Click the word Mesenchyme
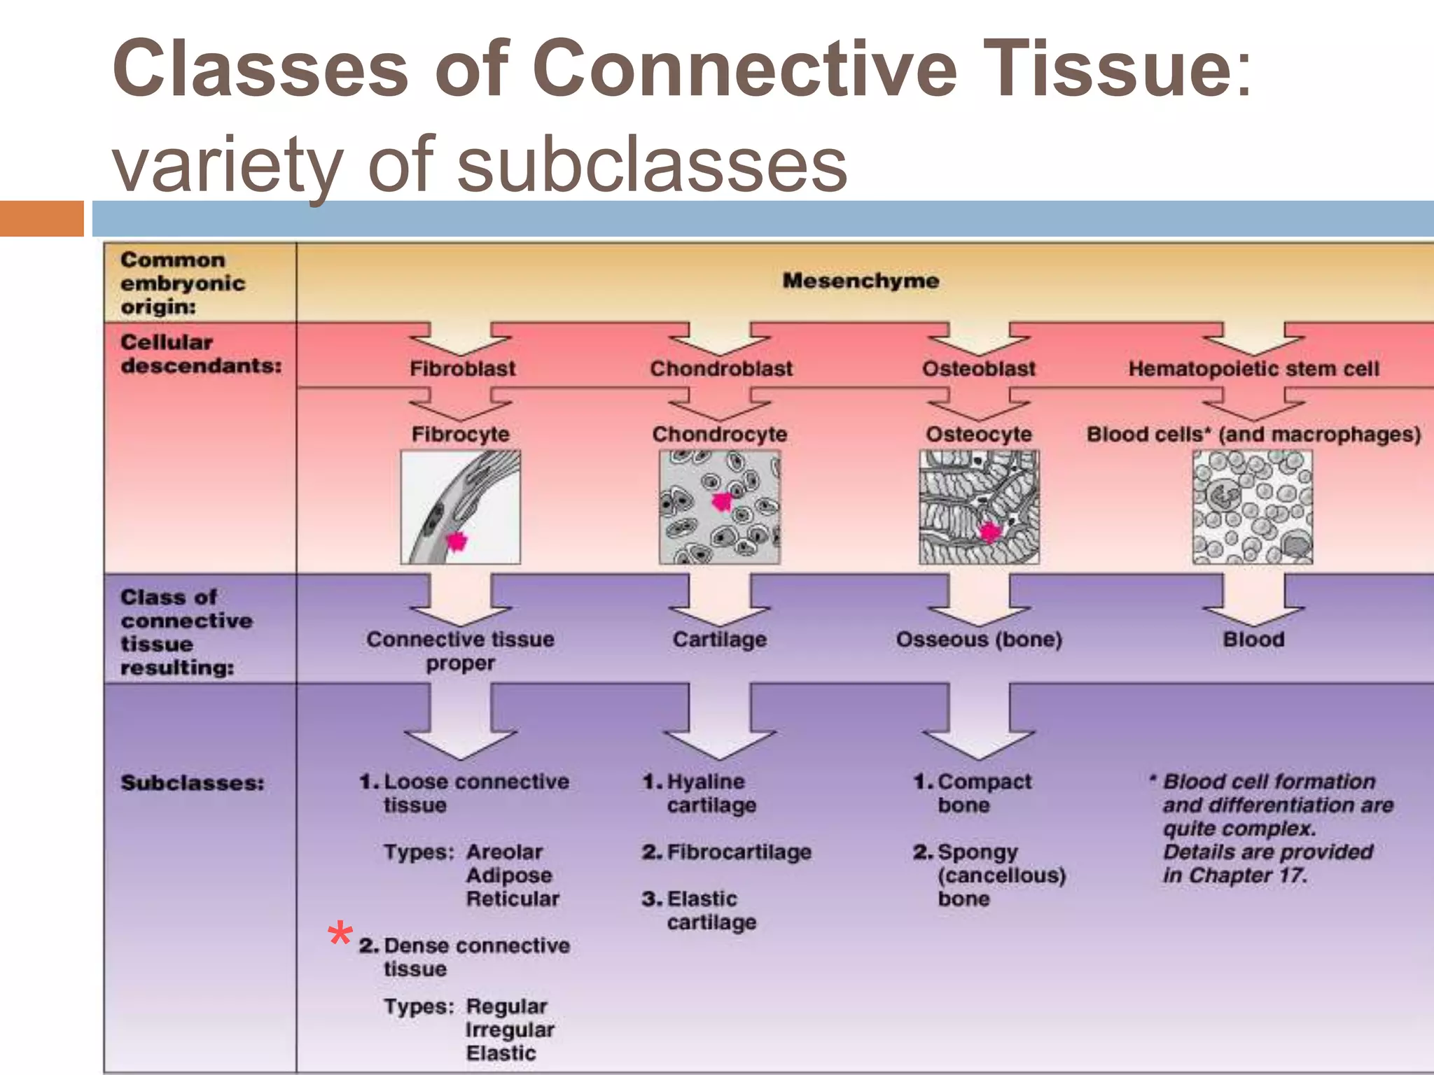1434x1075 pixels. point(861,281)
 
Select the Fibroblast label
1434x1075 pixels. point(462,369)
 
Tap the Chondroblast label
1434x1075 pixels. point(721,369)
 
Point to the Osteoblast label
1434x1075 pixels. point(978,369)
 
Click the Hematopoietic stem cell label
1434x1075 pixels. point(1253,369)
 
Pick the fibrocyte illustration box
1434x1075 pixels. point(460,507)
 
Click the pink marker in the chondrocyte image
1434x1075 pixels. point(721,501)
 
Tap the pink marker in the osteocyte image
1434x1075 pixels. point(989,533)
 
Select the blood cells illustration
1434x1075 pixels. point(1252,507)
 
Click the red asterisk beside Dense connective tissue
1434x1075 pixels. point(340,934)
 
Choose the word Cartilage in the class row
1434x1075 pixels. point(719,639)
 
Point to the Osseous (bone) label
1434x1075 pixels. point(979,639)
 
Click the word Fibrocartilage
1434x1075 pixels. point(739,852)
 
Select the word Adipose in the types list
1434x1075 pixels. point(509,876)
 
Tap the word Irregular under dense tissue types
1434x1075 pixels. point(510,1030)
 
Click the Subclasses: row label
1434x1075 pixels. point(193,782)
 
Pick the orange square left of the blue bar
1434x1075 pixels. point(41,218)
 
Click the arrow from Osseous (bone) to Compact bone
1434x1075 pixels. point(979,724)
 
